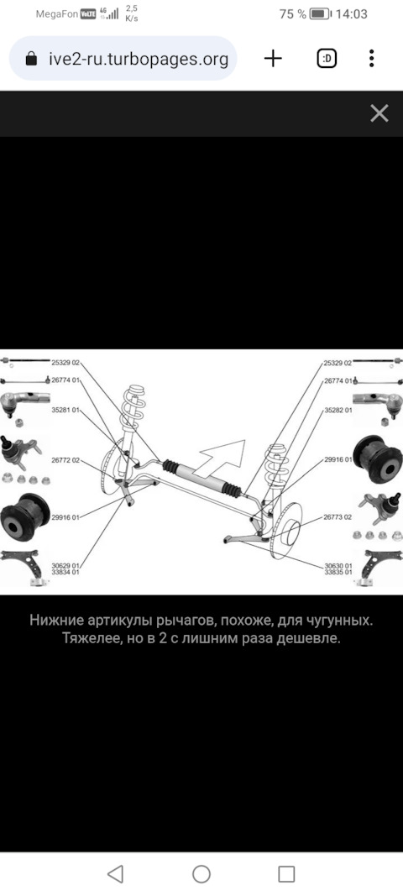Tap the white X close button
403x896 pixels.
point(379,113)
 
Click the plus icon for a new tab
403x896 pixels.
point(273,58)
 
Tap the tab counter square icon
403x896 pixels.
point(327,58)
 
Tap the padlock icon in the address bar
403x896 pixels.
point(32,59)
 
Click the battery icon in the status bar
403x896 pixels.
point(320,14)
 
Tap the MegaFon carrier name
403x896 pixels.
point(56,14)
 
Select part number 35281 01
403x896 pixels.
point(65,410)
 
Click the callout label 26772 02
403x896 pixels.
point(65,460)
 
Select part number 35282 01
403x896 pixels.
point(338,410)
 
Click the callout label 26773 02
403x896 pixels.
point(338,517)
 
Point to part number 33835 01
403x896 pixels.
point(338,572)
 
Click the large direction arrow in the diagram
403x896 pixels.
point(225,458)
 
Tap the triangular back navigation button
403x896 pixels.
point(116,873)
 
